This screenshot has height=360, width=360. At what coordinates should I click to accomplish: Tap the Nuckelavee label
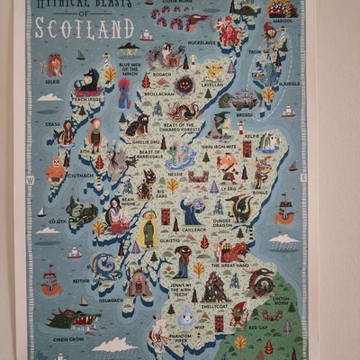coord(204,41)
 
